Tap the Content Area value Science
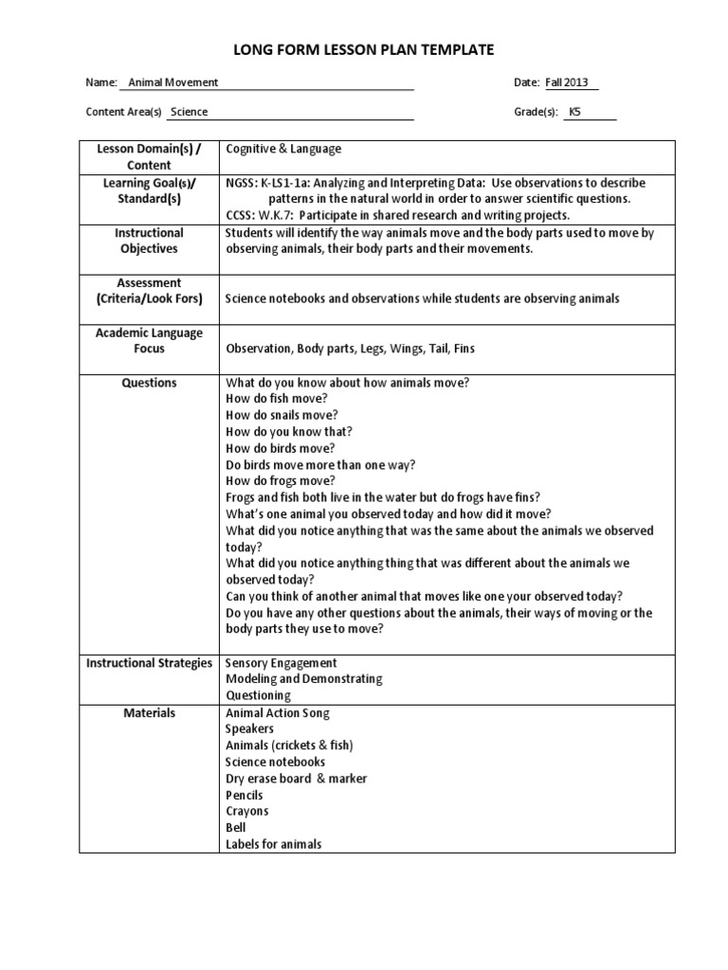[189, 112]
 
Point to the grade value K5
[574, 112]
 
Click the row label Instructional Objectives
[149, 241]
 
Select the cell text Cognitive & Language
[283, 149]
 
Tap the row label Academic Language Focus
[149, 340]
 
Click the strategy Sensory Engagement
[281, 663]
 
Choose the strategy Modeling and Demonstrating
[303, 679]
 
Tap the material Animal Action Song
[278, 712]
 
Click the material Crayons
[246, 811]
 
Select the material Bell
[236, 828]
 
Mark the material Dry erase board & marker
[296, 779]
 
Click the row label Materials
[149, 712]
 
